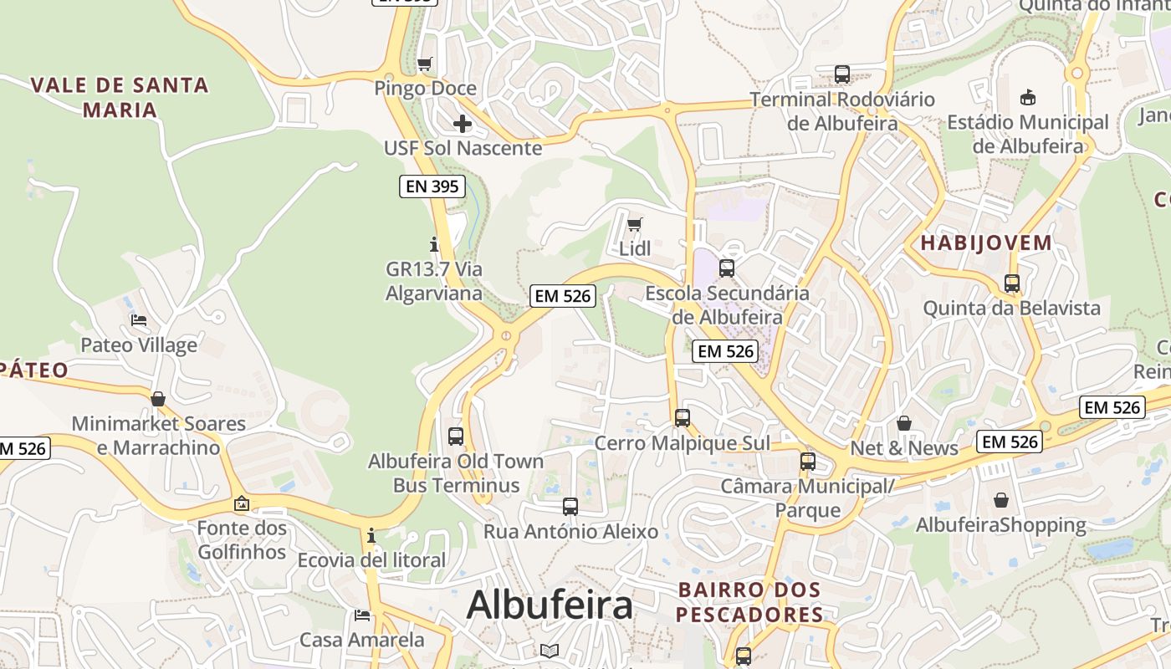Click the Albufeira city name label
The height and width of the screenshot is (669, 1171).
pyautogui.click(x=550, y=605)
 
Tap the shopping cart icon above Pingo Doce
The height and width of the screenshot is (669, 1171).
pyautogui.click(x=425, y=64)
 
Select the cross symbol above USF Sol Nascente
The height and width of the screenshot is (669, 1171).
pyautogui.click(x=462, y=125)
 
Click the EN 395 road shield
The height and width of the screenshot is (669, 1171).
pyautogui.click(x=432, y=186)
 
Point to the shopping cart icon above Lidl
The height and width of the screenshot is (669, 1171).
pyautogui.click(x=635, y=224)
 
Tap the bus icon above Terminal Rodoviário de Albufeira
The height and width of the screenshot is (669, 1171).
pyautogui.click(x=841, y=74)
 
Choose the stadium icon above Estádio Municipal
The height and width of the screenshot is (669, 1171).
pyautogui.click(x=1027, y=98)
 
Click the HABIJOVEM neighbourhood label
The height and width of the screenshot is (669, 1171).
pyautogui.click(x=986, y=243)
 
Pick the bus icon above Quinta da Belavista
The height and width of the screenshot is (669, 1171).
pyautogui.click(x=1012, y=283)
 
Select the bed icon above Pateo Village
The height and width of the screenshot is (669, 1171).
pyautogui.click(x=139, y=320)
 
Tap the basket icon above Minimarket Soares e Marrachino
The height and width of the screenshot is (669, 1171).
pyautogui.click(x=158, y=399)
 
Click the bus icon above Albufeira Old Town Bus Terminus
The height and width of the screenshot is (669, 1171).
pyautogui.click(x=456, y=436)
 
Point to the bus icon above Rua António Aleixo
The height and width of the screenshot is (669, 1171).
pyautogui.click(x=570, y=506)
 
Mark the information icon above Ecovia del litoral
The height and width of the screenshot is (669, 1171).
pyautogui.click(x=371, y=535)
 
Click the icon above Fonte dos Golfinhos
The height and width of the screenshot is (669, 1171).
pyautogui.click(x=242, y=503)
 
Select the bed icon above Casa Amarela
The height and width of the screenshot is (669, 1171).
pyautogui.click(x=362, y=615)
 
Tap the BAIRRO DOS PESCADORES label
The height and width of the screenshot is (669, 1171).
pyautogui.click(x=749, y=602)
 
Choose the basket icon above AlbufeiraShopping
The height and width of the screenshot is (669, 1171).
pyautogui.click(x=1001, y=500)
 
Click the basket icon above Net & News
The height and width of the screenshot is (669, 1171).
pyautogui.click(x=903, y=423)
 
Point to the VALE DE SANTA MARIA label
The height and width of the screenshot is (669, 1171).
pyautogui.click(x=120, y=97)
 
